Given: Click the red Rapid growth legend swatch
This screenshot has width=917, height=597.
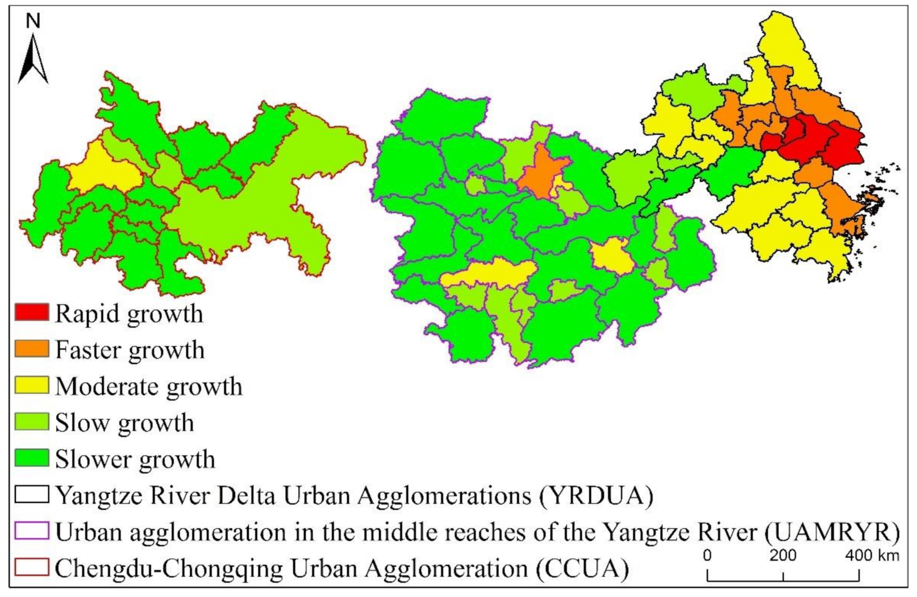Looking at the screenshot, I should (32, 312).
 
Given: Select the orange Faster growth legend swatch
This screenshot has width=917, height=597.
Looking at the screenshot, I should (32, 349).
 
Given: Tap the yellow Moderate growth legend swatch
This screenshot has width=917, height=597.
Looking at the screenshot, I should (32, 385).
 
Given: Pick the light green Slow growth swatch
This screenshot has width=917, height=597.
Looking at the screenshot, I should (32, 421).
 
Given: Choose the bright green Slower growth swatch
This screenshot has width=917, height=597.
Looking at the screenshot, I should (32, 458).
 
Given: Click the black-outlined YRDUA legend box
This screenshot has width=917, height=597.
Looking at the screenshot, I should (32, 494).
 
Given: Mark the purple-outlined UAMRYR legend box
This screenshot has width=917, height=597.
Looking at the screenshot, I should (32, 531).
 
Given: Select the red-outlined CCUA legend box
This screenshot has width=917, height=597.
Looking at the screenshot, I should (32, 567).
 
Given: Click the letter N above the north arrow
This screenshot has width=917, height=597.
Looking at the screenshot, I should (34, 21).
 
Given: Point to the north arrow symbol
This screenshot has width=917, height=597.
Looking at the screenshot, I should (33, 60).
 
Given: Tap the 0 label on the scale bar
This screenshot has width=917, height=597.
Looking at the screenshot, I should (707, 555).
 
